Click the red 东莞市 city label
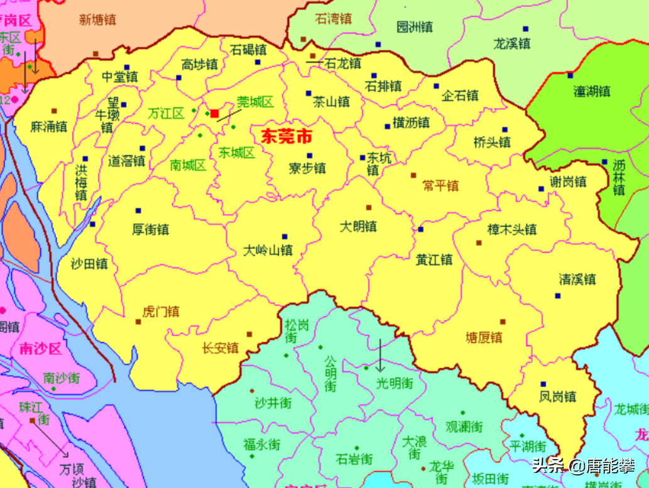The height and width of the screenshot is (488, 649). click(286, 136)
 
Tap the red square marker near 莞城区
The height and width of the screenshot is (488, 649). click(214, 114)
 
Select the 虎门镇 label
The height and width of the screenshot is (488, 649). click(161, 312)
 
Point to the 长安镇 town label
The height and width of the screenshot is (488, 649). click(221, 347)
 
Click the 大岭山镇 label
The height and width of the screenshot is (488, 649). click(268, 250)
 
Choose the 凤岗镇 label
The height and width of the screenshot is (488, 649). click(558, 396)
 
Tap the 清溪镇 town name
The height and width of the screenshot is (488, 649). click(577, 279)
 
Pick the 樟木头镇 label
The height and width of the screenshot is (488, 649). click(512, 229)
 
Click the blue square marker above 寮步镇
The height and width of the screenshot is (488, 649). click(309, 156)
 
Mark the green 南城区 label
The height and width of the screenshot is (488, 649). click(188, 165)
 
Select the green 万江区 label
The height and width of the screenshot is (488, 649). click(166, 114)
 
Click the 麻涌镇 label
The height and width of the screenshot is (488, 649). click(49, 126)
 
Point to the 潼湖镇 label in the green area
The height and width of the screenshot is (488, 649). click(592, 91)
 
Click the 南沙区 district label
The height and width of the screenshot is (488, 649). click(41, 349)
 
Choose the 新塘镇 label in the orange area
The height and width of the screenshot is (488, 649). click(97, 19)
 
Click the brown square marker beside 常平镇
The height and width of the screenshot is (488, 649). click(413, 175)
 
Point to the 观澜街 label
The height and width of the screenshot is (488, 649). click(464, 426)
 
